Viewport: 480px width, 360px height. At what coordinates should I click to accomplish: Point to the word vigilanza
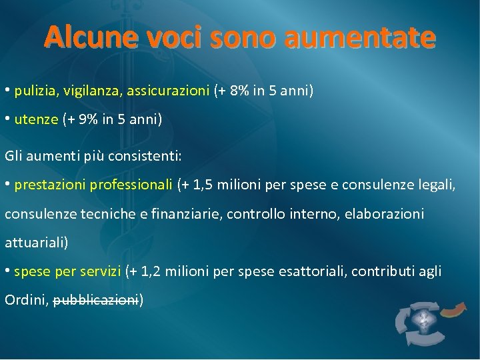(86, 91)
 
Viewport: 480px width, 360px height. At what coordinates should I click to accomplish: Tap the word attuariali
(36, 243)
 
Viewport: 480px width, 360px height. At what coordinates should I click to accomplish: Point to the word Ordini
(25, 300)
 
